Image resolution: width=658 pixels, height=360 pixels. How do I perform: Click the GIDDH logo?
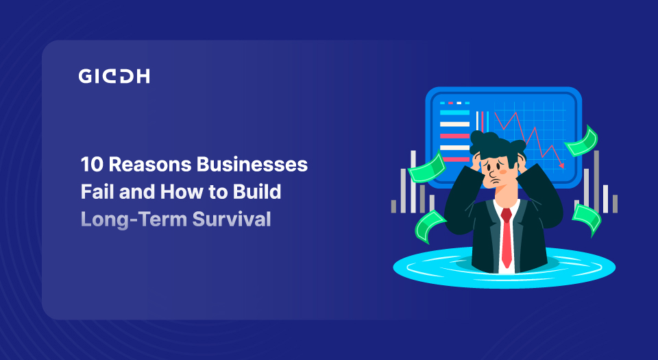coord(114,76)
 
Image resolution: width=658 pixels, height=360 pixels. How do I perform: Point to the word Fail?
coord(95,192)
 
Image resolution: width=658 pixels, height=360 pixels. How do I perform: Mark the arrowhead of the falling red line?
coord(561,165)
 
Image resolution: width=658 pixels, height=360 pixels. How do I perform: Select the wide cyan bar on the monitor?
coord(454,112)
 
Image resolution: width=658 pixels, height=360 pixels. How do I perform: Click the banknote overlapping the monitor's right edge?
coord(581,140)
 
